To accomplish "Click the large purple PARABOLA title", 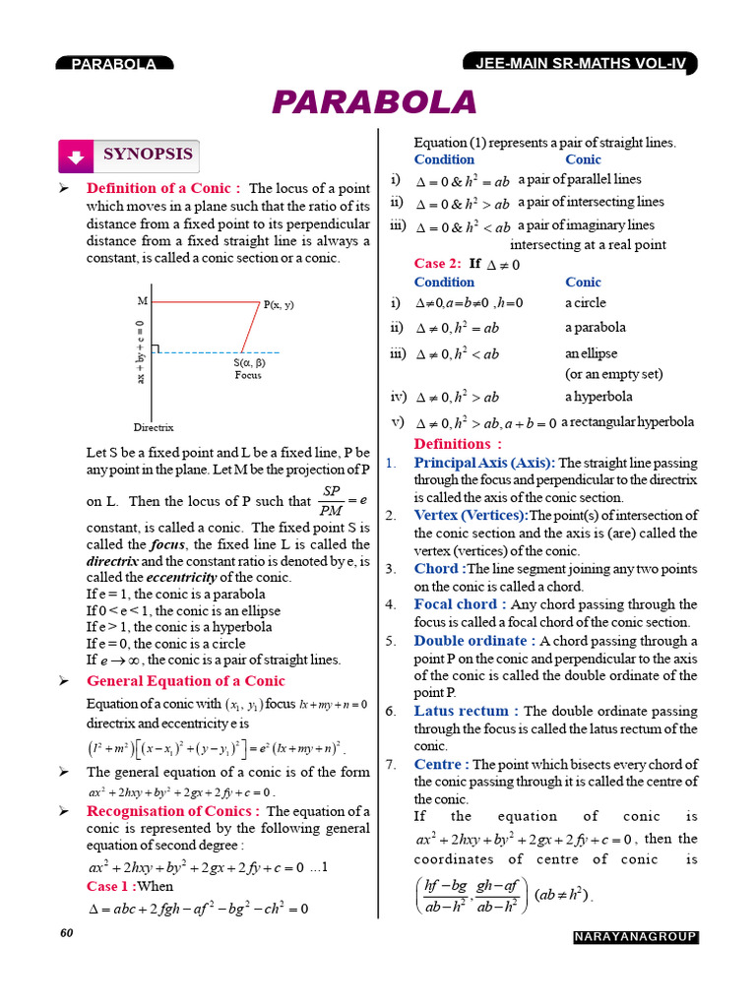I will (x=374, y=102).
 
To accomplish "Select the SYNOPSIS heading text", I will (x=148, y=155).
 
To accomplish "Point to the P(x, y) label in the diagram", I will (x=279, y=305).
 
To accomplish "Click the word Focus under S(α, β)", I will (x=248, y=375).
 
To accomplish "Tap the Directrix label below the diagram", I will (x=154, y=427).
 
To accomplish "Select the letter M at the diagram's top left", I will (x=143, y=300).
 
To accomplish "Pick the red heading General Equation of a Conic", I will (x=186, y=681).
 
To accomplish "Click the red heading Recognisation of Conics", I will (x=173, y=811).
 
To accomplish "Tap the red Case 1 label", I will (x=110, y=886).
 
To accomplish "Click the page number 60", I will (x=67, y=933).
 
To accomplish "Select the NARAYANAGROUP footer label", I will (x=635, y=937).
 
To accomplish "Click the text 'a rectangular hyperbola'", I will (x=627, y=422).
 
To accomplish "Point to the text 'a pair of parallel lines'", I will (x=579, y=179).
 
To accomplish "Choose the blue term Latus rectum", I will (x=467, y=711).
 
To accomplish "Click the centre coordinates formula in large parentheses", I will (x=472, y=896).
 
